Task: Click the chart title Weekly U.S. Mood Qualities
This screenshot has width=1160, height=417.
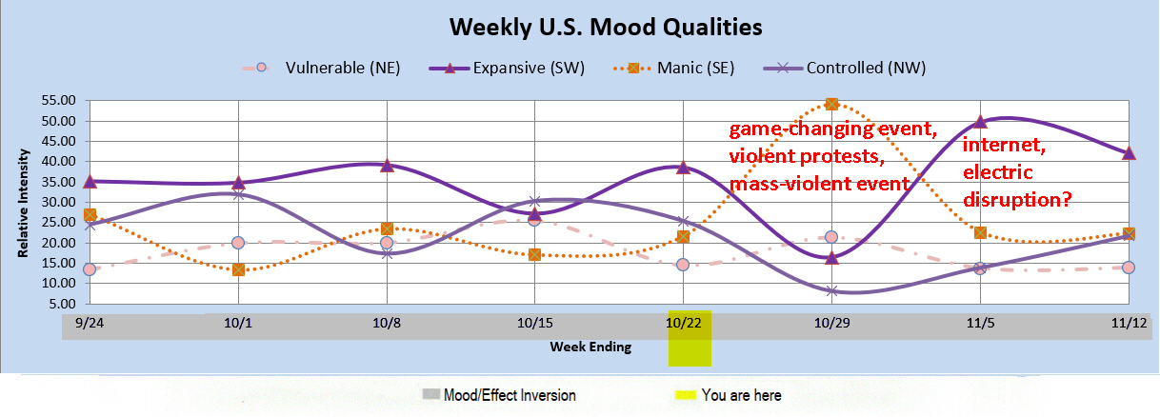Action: (x=606, y=28)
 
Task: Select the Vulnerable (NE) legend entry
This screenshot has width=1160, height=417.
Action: (x=322, y=68)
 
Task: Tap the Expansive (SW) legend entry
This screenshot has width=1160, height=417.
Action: (x=507, y=68)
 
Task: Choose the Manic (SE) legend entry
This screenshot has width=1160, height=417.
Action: (x=673, y=68)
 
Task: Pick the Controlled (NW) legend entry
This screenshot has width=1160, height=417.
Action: (x=845, y=68)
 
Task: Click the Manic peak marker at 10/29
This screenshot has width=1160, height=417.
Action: (x=831, y=105)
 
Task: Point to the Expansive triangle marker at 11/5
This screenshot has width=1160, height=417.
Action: (x=980, y=122)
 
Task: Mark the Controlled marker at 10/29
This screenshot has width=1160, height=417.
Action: (x=831, y=291)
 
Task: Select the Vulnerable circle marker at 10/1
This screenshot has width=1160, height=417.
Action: (x=238, y=243)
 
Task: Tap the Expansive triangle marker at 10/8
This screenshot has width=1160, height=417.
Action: (x=387, y=166)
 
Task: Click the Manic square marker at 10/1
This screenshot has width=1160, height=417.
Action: (x=238, y=269)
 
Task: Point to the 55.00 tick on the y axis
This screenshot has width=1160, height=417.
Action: (x=58, y=100)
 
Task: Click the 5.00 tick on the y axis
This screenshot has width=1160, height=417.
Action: (x=62, y=304)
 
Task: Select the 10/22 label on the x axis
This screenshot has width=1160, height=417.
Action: (x=683, y=324)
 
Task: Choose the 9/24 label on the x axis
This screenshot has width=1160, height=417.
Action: (x=90, y=324)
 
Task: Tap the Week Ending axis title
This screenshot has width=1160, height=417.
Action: (x=590, y=347)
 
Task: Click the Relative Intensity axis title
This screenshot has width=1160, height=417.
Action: (x=23, y=204)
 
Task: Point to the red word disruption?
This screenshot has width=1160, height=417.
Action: (x=1017, y=200)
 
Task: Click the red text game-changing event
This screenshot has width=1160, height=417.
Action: (x=832, y=129)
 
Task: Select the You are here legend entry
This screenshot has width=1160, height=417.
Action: (x=729, y=395)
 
